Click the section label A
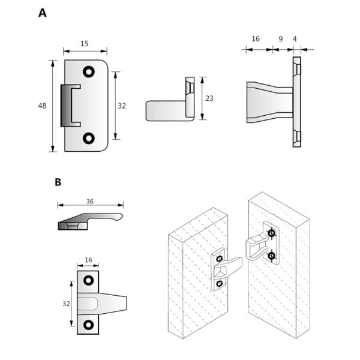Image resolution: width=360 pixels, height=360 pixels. click(x=42, y=13)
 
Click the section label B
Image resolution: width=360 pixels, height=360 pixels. click(x=58, y=182)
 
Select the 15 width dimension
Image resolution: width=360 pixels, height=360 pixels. click(x=85, y=43)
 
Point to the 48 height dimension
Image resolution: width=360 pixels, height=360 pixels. click(x=42, y=106)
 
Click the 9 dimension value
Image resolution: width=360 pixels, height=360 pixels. click(x=280, y=39)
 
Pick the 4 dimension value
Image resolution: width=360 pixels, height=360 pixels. click(x=294, y=39)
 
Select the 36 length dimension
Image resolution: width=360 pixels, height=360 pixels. click(x=90, y=202)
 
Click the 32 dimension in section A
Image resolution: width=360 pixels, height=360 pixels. click(x=122, y=106)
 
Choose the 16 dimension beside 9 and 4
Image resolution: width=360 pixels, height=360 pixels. click(x=255, y=39)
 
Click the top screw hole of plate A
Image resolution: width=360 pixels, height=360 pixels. click(x=89, y=71)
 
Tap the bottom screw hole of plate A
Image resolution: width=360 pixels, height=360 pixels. click(x=89, y=139)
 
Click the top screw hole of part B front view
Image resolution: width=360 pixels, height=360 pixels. click(x=89, y=280)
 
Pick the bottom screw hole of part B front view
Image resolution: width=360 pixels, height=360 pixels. click(x=89, y=325)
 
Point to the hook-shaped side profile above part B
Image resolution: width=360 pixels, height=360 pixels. click(x=90, y=220)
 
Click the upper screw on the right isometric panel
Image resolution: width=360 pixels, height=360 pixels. click(x=272, y=233)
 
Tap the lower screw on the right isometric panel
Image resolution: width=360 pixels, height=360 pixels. click(x=272, y=256)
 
